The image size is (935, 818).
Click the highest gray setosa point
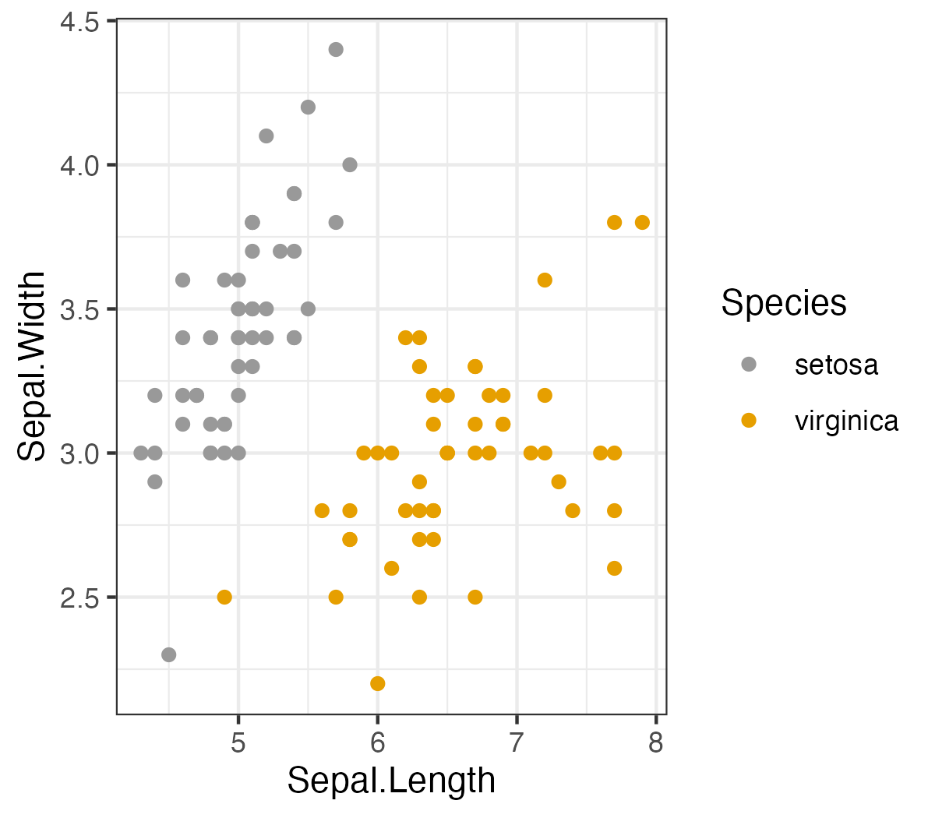(x=336, y=50)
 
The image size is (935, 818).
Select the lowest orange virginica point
(x=378, y=683)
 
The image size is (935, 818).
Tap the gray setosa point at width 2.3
(x=169, y=654)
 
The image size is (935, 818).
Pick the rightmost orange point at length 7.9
(x=642, y=223)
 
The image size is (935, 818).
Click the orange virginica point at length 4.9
(x=224, y=597)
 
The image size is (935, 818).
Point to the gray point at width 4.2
(x=308, y=108)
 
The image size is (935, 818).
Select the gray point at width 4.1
(x=266, y=136)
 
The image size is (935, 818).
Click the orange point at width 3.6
(x=545, y=280)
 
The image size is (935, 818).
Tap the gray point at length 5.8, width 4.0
(x=350, y=165)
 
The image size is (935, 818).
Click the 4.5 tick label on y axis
(x=79, y=22)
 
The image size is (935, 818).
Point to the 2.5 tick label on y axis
(x=79, y=598)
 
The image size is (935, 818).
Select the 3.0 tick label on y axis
(x=79, y=453)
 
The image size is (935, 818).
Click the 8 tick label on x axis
(x=656, y=742)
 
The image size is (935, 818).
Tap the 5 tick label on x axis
(x=238, y=742)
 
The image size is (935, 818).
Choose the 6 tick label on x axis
(x=378, y=742)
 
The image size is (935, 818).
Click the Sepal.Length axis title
(x=391, y=781)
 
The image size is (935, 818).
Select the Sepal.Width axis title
(x=33, y=366)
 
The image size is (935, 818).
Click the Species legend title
(x=783, y=302)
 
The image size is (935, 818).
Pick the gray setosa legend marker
(x=749, y=364)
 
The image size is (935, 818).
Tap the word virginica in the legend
(x=846, y=421)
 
